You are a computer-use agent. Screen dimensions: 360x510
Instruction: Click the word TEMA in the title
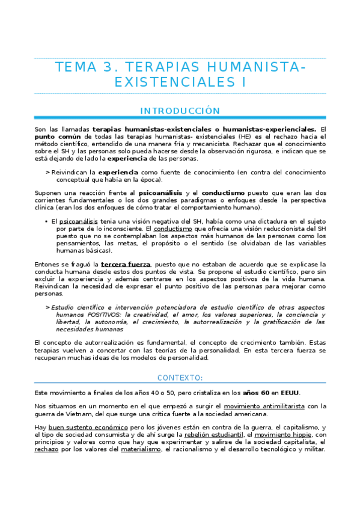[x=78, y=67]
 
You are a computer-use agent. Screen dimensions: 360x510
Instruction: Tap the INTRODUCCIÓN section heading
[x=180, y=111]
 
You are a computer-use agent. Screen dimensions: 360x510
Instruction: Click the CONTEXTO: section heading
[x=180, y=378]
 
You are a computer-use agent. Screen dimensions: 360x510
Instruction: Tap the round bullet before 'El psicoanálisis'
[x=46, y=222]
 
